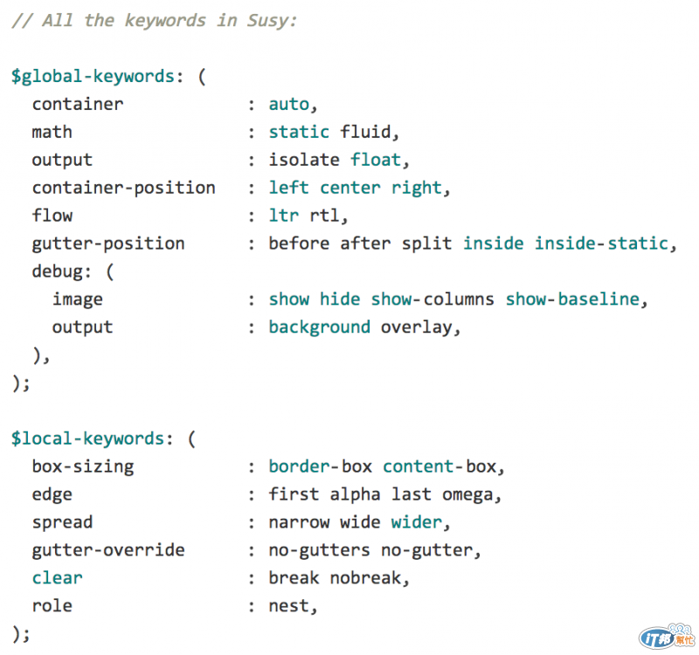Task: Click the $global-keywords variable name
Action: point(93,76)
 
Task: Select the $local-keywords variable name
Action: point(87,438)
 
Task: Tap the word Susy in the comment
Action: point(267,20)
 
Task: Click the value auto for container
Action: point(288,104)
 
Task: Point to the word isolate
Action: point(304,160)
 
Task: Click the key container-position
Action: point(123,188)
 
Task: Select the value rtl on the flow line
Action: point(324,216)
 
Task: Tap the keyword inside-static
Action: point(602,244)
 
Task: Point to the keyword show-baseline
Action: point(572,300)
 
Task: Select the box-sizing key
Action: point(83,466)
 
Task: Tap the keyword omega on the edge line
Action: point(467,494)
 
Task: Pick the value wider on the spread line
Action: point(417,522)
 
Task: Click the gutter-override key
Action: point(108,550)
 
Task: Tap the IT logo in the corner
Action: point(658,637)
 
